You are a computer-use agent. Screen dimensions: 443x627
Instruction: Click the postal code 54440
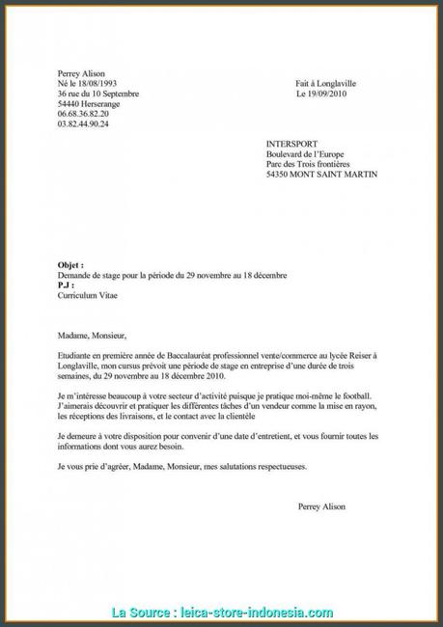click(x=69, y=104)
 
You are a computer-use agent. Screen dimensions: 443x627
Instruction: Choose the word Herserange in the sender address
click(x=104, y=104)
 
